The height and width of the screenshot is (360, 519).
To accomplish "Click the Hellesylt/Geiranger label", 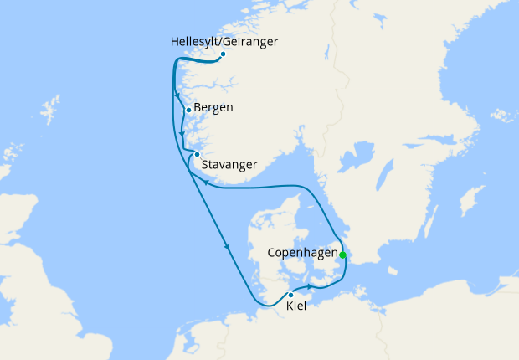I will point(224,41).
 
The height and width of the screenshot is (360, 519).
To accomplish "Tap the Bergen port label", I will point(214,108).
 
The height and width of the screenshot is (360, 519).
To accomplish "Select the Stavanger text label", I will point(230,164).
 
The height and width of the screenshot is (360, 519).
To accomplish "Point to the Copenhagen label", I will point(302,252).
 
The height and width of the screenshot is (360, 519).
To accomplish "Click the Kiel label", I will point(295,307).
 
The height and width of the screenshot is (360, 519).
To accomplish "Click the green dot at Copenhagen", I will point(342,255).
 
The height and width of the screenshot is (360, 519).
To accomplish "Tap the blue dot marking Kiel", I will point(290,295).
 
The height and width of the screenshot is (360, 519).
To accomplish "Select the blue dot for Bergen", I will point(189,111).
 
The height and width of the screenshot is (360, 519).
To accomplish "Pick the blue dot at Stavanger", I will point(197,154).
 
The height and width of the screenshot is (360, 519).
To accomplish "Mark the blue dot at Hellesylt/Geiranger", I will point(223,54).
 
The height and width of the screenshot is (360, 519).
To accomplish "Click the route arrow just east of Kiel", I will point(309,287).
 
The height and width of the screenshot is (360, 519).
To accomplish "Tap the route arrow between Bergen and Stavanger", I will point(182,132).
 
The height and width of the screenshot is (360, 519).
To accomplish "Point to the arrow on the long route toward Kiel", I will point(227,246).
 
